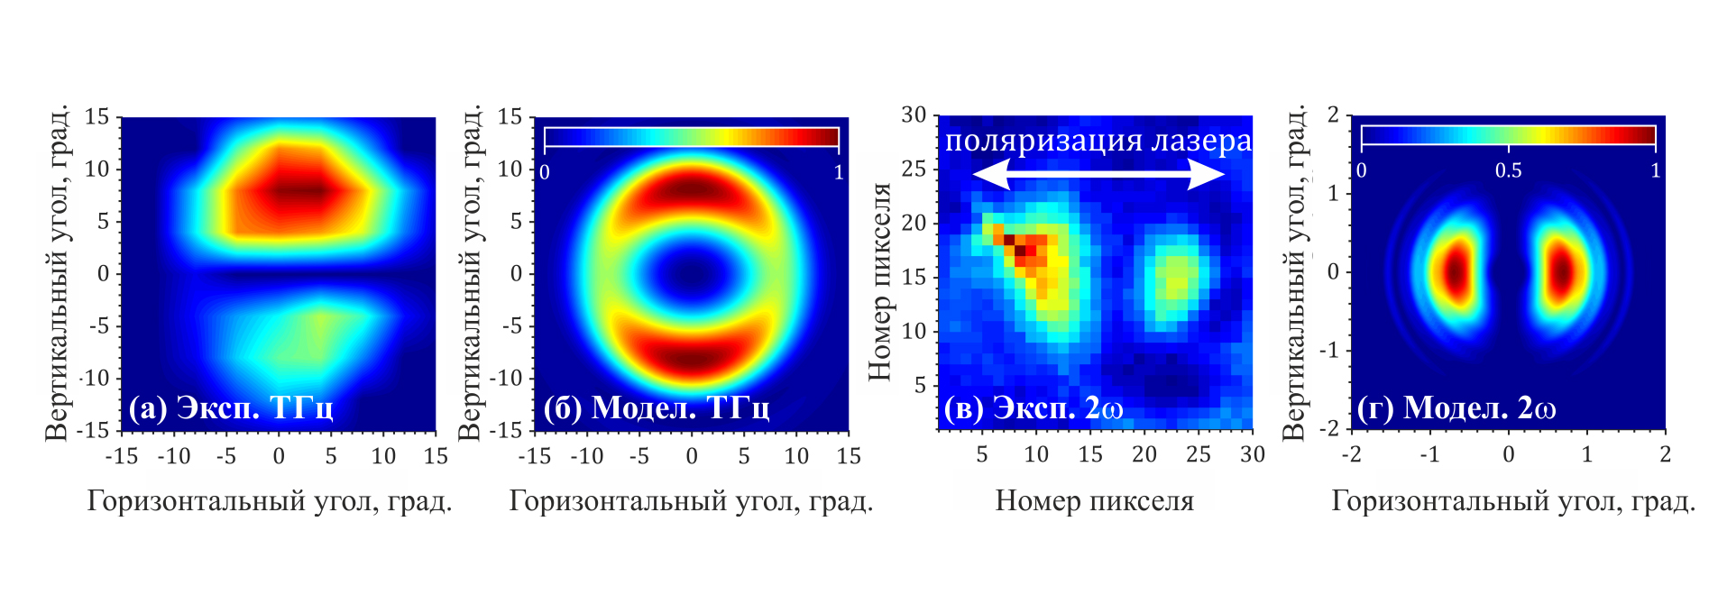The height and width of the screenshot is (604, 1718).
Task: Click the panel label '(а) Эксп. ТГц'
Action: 231,408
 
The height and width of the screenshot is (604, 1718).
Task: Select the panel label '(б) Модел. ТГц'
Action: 657,408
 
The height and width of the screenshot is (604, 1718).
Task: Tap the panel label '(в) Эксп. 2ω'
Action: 1034,408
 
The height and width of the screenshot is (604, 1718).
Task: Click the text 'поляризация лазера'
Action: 1098,141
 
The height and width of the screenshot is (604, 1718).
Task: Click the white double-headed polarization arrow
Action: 1098,173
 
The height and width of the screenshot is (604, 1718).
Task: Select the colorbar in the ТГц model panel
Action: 692,136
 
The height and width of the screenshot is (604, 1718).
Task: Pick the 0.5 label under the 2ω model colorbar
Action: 1508,170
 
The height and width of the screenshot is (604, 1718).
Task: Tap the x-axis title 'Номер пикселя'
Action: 1094,500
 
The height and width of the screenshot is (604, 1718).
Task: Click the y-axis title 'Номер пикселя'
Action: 879,281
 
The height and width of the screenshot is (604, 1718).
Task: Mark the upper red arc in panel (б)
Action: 692,189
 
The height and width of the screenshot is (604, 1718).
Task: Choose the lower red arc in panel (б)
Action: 692,357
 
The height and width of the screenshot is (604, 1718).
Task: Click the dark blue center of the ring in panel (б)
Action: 692,272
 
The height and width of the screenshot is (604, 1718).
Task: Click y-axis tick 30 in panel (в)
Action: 914,115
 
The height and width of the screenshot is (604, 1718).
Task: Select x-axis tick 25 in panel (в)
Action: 1198,454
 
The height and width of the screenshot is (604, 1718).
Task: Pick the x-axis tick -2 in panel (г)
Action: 1351,454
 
